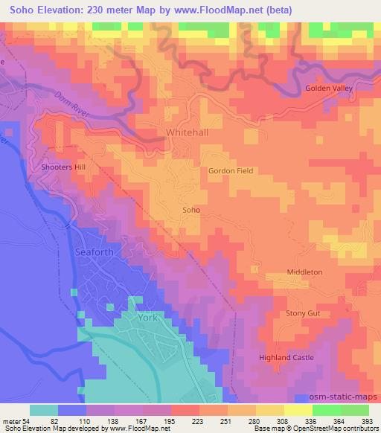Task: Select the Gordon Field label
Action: [x=231, y=170]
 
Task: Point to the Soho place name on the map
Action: [x=191, y=211]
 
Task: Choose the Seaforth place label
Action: [x=96, y=252]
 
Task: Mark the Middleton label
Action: [x=305, y=272]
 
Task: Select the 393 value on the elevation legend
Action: [x=368, y=421]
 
